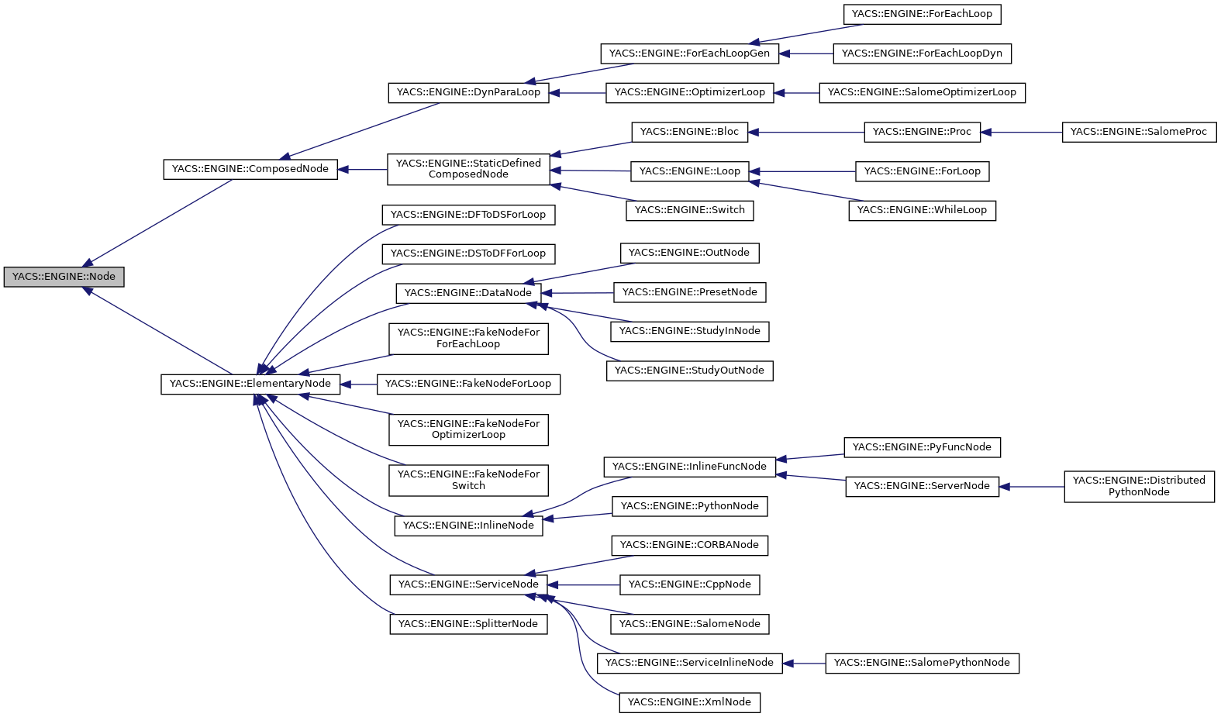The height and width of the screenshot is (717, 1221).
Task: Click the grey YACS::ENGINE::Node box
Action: [64, 277]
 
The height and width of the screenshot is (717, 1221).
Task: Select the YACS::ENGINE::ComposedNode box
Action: [250, 169]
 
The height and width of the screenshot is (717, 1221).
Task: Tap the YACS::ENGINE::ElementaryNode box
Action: [250, 384]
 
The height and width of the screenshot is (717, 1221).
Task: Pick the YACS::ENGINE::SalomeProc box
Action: [1138, 132]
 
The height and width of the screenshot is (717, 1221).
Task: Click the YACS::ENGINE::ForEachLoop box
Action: [922, 14]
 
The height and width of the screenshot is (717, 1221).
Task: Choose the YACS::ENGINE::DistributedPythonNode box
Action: [1139, 486]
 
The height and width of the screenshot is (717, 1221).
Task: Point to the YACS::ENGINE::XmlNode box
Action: [689, 702]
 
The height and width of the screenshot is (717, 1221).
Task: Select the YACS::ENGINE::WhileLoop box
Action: [922, 210]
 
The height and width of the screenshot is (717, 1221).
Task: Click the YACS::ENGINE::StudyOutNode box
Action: [689, 371]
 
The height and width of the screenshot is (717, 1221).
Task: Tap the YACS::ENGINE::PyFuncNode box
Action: [922, 447]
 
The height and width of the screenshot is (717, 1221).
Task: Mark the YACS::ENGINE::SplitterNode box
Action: [468, 624]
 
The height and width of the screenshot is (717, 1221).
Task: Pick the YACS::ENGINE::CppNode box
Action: [689, 584]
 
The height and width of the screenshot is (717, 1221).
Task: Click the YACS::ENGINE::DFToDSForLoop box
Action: [468, 215]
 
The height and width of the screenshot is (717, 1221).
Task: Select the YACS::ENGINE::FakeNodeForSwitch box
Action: [468, 480]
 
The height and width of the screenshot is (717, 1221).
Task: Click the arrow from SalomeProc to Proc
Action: [1021, 133]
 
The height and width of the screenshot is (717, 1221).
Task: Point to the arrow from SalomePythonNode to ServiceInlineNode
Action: [804, 664]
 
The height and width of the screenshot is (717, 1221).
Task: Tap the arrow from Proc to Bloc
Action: [806, 133]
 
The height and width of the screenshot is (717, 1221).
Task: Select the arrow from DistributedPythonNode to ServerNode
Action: [1032, 487]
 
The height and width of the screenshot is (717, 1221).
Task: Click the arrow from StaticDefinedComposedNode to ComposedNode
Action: [362, 169]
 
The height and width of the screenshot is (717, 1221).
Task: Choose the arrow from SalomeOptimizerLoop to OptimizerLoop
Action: [796, 93]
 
